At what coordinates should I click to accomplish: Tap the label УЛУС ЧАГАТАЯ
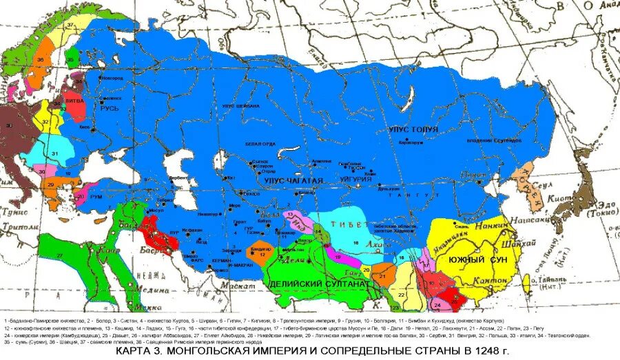pos(293,180)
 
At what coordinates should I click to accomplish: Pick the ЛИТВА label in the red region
pos(74,100)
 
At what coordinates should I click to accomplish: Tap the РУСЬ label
pos(110,109)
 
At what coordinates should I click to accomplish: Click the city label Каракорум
pos(409,142)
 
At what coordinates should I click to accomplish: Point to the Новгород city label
pos(112,78)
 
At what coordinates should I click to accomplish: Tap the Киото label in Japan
pos(575,197)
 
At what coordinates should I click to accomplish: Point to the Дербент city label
pos(178,177)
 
